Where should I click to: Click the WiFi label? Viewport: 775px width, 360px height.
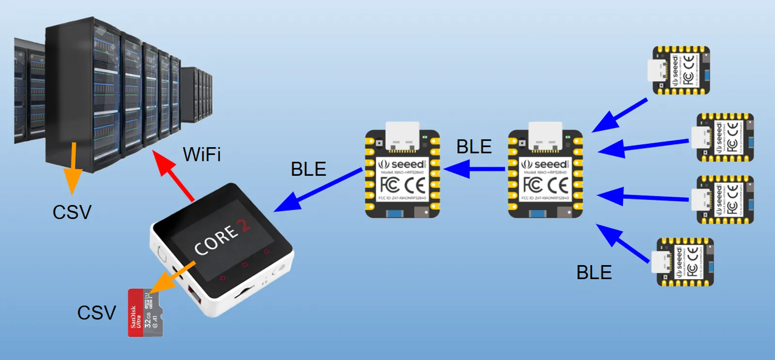(x=201, y=155)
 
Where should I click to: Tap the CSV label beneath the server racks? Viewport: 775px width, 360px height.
(x=72, y=212)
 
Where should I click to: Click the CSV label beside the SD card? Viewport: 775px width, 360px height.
(x=96, y=313)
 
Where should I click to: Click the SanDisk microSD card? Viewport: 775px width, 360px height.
(x=145, y=313)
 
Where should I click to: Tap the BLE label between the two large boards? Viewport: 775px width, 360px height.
(x=474, y=146)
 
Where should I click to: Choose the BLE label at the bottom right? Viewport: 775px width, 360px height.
(x=594, y=272)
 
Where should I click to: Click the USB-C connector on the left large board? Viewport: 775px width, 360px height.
(x=402, y=136)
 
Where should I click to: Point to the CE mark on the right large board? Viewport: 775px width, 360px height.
(x=558, y=185)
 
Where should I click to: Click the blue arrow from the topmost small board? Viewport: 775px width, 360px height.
(x=620, y=115)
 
